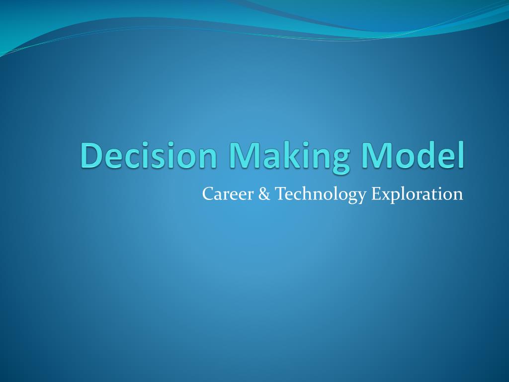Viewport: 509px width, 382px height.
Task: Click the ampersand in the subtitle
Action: tap(263, 194)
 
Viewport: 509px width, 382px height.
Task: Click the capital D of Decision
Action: tap(91, 155)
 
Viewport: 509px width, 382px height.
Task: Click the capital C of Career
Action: tap(207, 194)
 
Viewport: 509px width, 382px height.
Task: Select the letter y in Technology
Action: tap(361, 197)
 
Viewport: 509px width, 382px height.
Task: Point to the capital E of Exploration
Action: tap(376, 194)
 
